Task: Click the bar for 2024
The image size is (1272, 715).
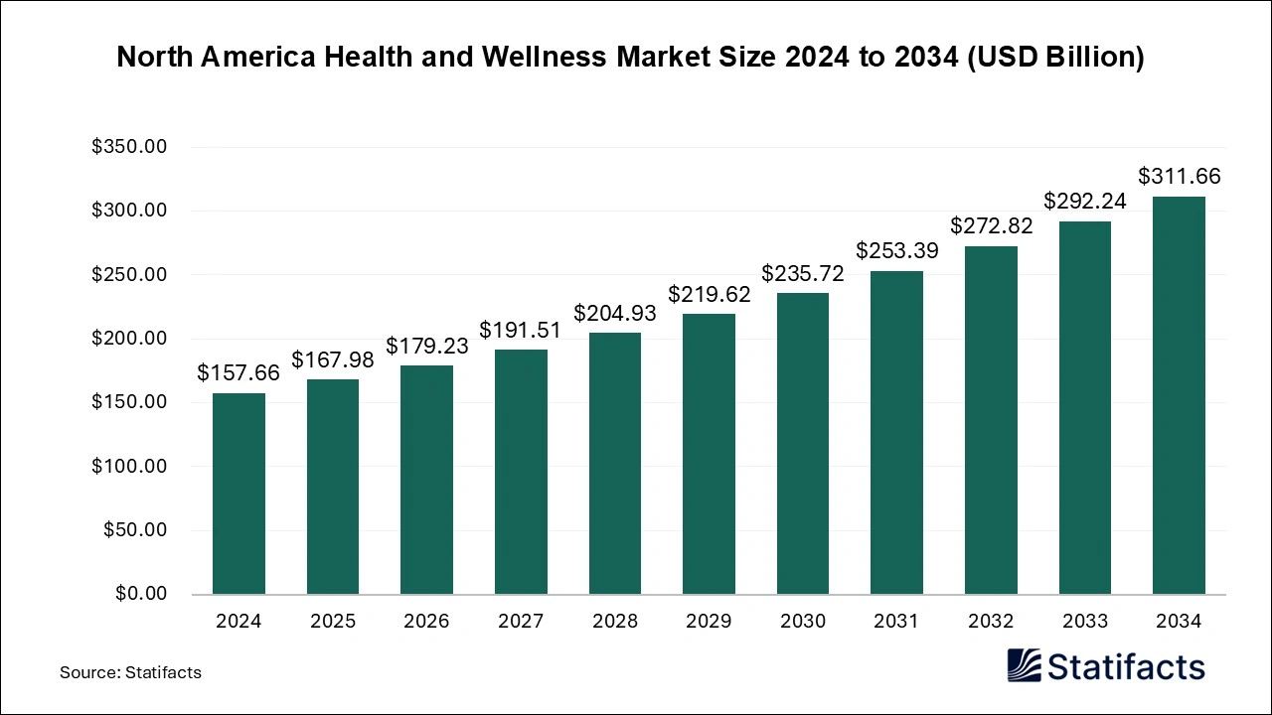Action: coord(238,494)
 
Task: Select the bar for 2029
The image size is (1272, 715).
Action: coord(709,454)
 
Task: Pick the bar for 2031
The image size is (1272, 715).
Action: coord(896,432)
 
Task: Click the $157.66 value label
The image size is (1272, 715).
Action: coord(238,373)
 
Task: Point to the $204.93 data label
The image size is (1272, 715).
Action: coord(614,313)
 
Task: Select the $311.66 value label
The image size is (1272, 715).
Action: coord(1179,177)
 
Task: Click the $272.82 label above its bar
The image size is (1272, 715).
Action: coord(991,225)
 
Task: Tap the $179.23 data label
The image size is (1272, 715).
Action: coord(426,346)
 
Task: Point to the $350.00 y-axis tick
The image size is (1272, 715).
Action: coord(129,147)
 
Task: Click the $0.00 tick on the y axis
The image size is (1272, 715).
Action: coord(139,594)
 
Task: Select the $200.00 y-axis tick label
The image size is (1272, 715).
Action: coord(129,339)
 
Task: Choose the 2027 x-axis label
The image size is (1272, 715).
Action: coord(521,622)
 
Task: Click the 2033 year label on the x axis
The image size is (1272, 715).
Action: coord(1084,622)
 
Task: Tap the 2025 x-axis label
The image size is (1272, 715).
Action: coord(333,622)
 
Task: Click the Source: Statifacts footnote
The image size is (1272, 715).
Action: coord(130,672)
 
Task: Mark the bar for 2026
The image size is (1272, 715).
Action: coord(426,480)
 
